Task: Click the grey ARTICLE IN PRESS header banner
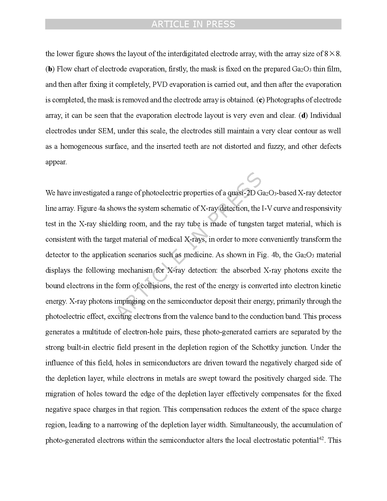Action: (x=193, y=24)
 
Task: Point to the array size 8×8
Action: (x=333, y=54)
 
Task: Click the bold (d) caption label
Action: (x=303, y=116)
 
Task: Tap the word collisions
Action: (x=156, y=286)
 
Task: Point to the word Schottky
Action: (x=265, y=348)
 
